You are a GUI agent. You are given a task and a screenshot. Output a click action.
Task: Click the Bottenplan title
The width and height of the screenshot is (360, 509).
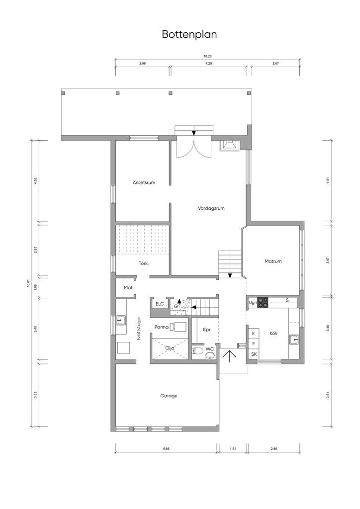[x=189, y=35]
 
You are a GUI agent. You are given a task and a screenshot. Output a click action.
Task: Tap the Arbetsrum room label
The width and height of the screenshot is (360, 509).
[x=144, y=182]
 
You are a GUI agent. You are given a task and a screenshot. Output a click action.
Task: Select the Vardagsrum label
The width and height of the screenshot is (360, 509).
[x=211, y=208]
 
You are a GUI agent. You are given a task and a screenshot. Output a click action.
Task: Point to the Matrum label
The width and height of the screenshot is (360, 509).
[x=273, y=261]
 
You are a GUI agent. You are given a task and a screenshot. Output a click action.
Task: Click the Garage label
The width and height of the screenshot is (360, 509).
[x=169, y=396]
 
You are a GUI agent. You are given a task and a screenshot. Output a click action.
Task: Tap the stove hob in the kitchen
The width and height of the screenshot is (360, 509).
[x=263, y=303]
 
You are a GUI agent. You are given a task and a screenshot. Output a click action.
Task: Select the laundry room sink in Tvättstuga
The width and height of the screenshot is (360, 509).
[x=121, y=320]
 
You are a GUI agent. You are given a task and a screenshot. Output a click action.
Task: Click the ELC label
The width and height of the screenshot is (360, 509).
[x=160, y=304]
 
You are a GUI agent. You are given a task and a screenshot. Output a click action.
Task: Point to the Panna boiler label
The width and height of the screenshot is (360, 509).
[x=161, y=327]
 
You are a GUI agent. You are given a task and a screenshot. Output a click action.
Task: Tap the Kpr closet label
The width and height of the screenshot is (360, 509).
[x=207, y=330]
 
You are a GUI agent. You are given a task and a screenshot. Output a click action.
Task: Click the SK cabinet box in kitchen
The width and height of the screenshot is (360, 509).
[x=254, y=354]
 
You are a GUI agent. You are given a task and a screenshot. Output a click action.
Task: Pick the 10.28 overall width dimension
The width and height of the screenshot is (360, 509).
[x=208, y=56]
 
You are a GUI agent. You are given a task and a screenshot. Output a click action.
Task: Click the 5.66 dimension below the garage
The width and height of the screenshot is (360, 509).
[x=166, y=449]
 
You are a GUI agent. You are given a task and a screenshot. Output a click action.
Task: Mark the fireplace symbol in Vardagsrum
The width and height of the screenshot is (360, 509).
[x=230, y=145]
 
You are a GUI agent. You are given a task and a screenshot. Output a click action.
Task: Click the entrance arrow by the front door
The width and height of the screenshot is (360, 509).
[x=230, y=356]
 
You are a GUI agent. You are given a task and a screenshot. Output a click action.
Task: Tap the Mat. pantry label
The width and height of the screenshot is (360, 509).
[x=129, y=288]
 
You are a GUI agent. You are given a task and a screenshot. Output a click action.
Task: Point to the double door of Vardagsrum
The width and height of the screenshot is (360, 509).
[x=194, y=148]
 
